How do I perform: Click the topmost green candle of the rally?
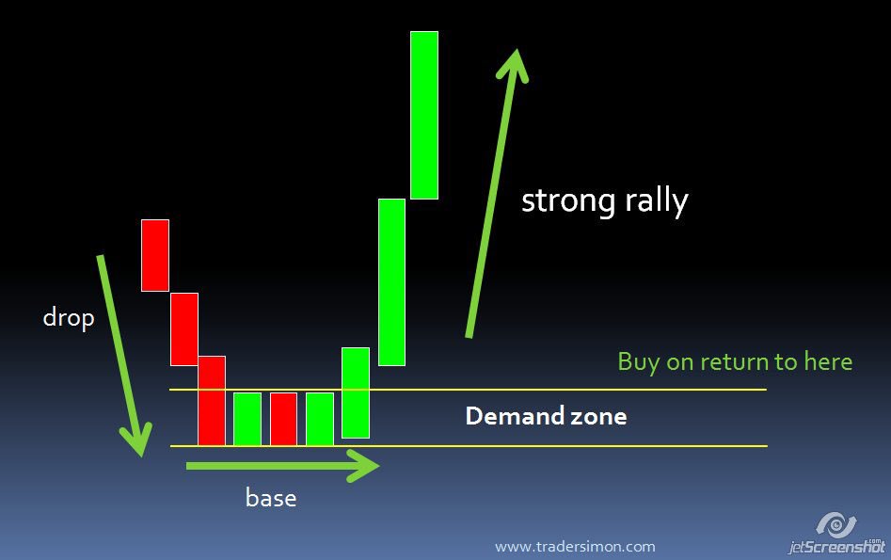423,115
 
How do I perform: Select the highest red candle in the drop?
155,255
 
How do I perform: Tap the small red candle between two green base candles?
283,419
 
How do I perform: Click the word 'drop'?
69,318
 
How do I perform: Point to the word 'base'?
271,497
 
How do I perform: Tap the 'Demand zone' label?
546,416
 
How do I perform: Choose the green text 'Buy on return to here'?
735,361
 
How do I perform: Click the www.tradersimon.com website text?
575,546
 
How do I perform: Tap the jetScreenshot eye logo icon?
835,523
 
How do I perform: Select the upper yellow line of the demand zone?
565,390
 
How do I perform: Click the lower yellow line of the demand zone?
565,446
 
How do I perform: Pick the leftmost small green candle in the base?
247,419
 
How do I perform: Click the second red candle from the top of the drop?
184,328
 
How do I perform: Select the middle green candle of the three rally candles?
391,281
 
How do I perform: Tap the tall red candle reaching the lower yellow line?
212,400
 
